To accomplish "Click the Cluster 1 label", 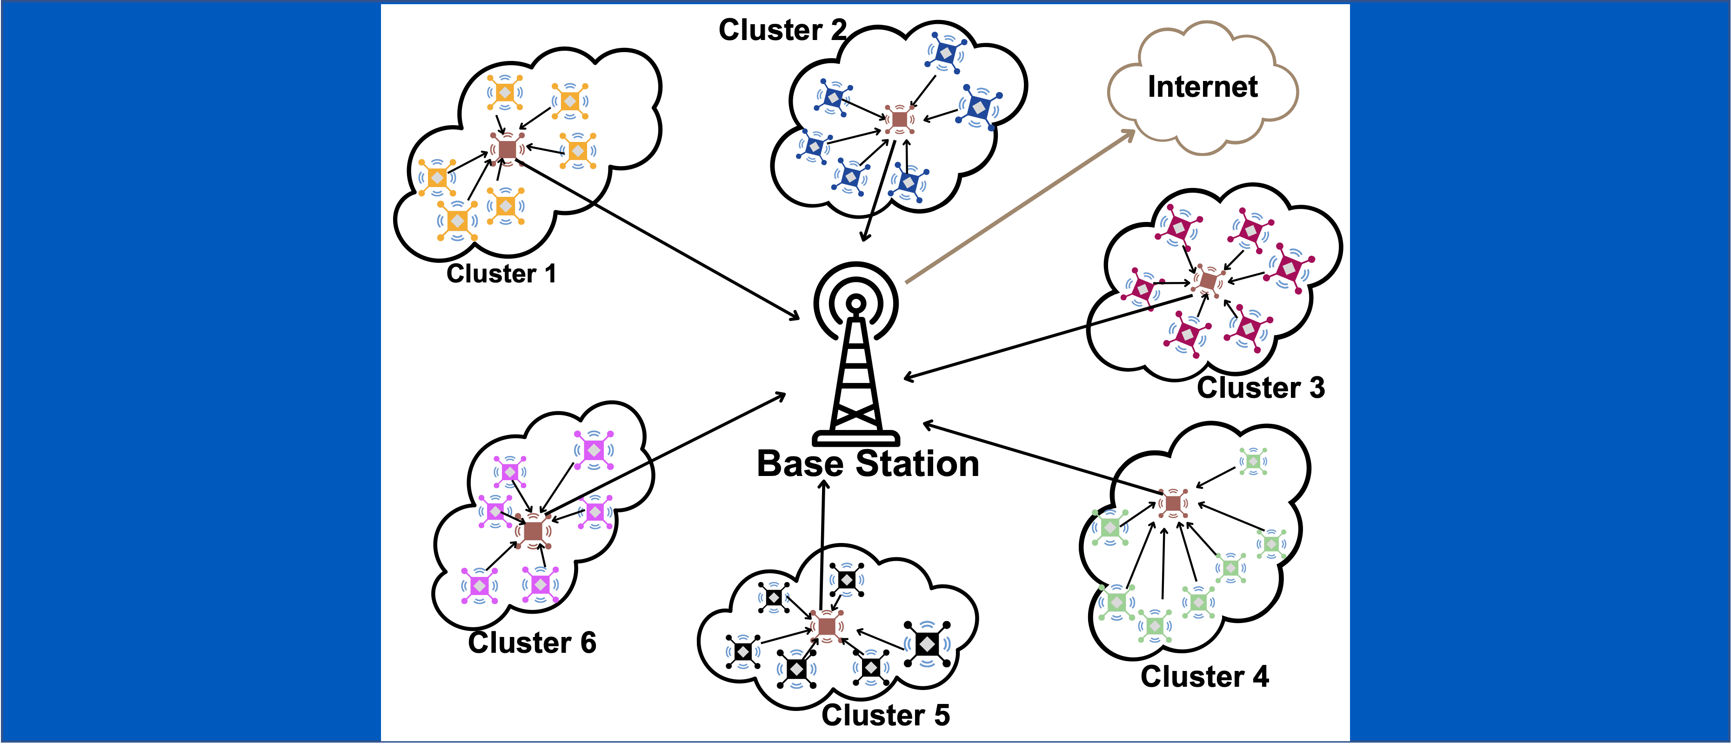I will pos(501,274).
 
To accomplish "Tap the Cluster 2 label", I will pos(782,30).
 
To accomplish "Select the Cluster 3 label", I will pos(1261,388).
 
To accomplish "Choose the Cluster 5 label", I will pos(886,715).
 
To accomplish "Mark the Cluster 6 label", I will pos(532,643).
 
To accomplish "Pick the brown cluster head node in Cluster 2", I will pos(899,120).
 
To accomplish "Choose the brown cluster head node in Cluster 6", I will pos(533,530).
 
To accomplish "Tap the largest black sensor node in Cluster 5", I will pos(927,644).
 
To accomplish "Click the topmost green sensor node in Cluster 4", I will pos(1253,462).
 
